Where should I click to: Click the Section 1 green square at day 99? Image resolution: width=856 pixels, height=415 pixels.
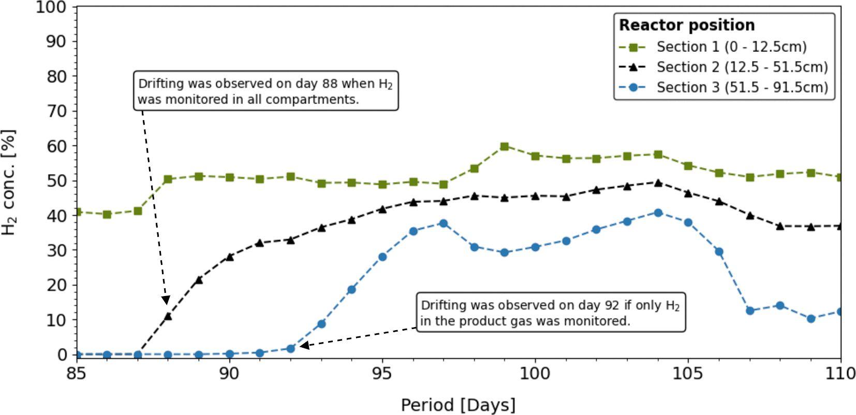tap(505, 146)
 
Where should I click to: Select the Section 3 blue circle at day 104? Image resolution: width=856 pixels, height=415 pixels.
tap(658, 213)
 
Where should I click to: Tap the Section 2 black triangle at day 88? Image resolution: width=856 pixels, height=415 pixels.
tap(168, 316)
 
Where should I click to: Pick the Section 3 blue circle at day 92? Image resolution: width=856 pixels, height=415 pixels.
tap(290, 349)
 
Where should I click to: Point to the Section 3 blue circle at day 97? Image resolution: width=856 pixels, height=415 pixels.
tap(444, 224)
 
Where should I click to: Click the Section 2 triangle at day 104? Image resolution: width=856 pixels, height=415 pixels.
tap(658, 183)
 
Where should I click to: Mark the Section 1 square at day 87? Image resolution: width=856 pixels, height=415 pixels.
tap(138, 211)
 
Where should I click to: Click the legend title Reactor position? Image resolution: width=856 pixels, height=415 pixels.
tap(687, 25)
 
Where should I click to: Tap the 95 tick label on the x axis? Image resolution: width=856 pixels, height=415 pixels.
tap(382, 373)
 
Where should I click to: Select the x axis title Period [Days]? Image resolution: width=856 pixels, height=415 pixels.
tap(458, 405)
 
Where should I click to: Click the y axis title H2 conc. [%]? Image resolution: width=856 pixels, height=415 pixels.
tap(9, 182)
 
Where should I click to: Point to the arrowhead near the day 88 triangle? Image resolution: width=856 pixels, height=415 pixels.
tap(166, 301)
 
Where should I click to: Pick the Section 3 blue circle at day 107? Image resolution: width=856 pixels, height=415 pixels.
tap(749, 310)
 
